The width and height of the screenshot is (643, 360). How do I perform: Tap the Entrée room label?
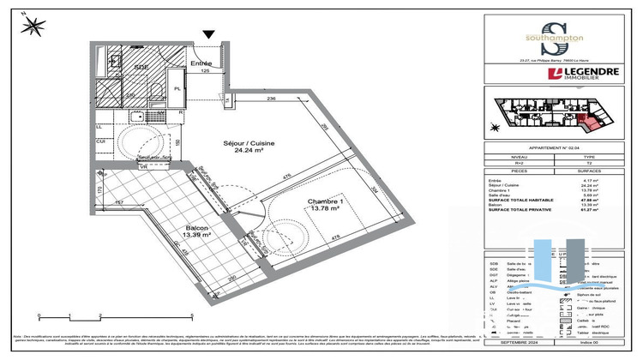tap(201, 63)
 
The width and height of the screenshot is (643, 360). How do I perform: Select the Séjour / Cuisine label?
tap(249, 143)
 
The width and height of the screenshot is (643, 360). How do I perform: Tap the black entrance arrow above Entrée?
tap(207, 35)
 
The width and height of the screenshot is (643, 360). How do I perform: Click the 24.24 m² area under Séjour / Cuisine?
tap(249, 152)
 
